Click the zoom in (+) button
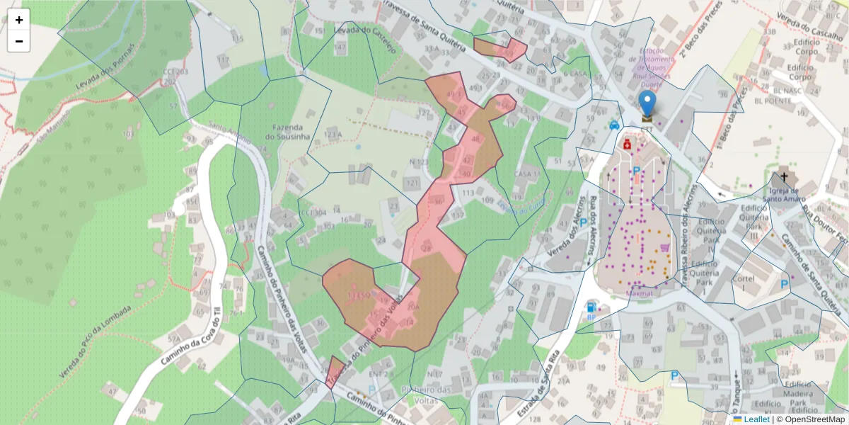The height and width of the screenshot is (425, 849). pos(19,20)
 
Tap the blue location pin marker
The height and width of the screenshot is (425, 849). pos(647,103)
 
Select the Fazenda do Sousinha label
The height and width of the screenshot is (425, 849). pos(287,131)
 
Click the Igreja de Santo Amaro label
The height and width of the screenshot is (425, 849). pos(784,194)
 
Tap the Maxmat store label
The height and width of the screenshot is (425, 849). pos(640,292)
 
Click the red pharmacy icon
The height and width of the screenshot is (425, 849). pos(627,144)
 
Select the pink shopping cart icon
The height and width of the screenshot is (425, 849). pos(664,246)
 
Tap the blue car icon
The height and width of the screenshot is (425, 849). pos(614,125)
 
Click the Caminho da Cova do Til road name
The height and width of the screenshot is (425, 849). pos(190,333)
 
